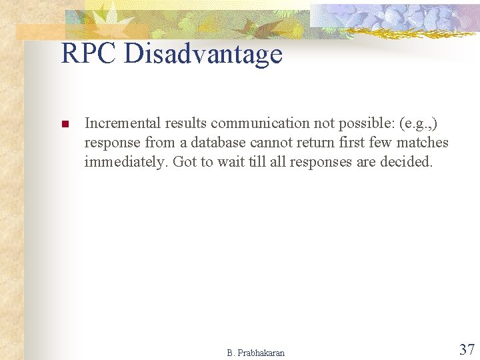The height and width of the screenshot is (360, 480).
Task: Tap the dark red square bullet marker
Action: click(65, 124)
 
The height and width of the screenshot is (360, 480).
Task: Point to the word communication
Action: click(253, 123)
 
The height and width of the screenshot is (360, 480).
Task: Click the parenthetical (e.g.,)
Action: click(418, 124)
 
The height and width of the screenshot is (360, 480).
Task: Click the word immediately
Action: click(125, 161)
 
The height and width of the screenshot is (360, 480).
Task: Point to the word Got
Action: click(184, 161)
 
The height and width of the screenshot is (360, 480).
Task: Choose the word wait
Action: click(228, 161)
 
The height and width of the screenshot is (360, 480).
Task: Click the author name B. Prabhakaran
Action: click(255, 353)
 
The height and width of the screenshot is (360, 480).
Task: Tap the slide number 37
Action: click(467, 349)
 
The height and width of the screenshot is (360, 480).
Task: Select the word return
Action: click(316, 142)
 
